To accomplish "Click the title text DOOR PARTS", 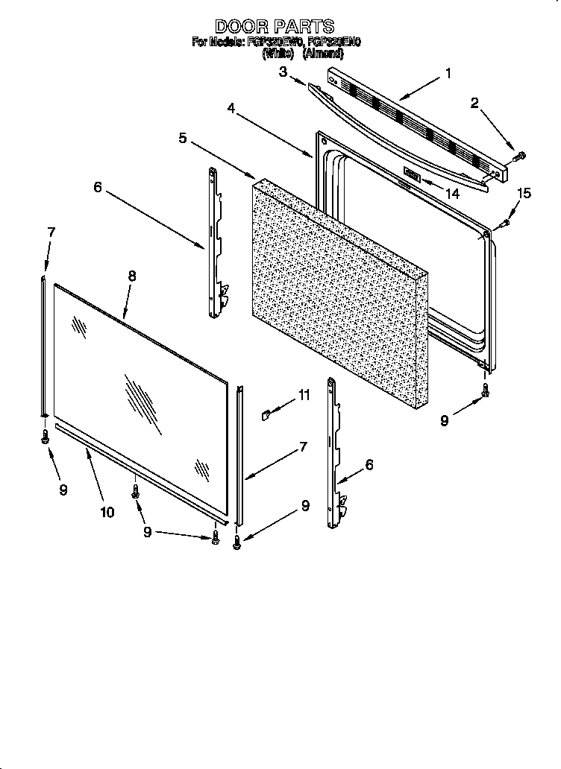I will tap(275, 27).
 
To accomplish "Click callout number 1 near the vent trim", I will tap(448, 73).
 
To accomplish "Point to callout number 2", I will tap(474, 104).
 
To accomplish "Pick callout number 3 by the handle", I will tap(283, 72).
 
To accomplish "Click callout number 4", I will tap(231, 108).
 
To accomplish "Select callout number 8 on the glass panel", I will tap(131, 276).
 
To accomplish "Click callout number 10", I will tap(107, 511).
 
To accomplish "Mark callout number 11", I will tap(304, 396).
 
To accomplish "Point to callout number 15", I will tap(524, 194).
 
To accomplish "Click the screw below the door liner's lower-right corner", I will tap(486, 389).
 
